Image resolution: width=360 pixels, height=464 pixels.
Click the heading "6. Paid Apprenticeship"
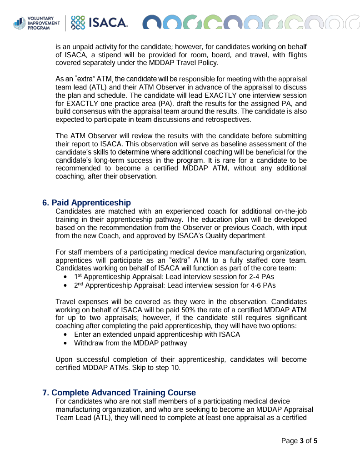coord(86,203)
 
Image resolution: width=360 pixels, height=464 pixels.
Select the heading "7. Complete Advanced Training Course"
coord(119,393)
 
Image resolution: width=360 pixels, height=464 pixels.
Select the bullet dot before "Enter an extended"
coord(66,334)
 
